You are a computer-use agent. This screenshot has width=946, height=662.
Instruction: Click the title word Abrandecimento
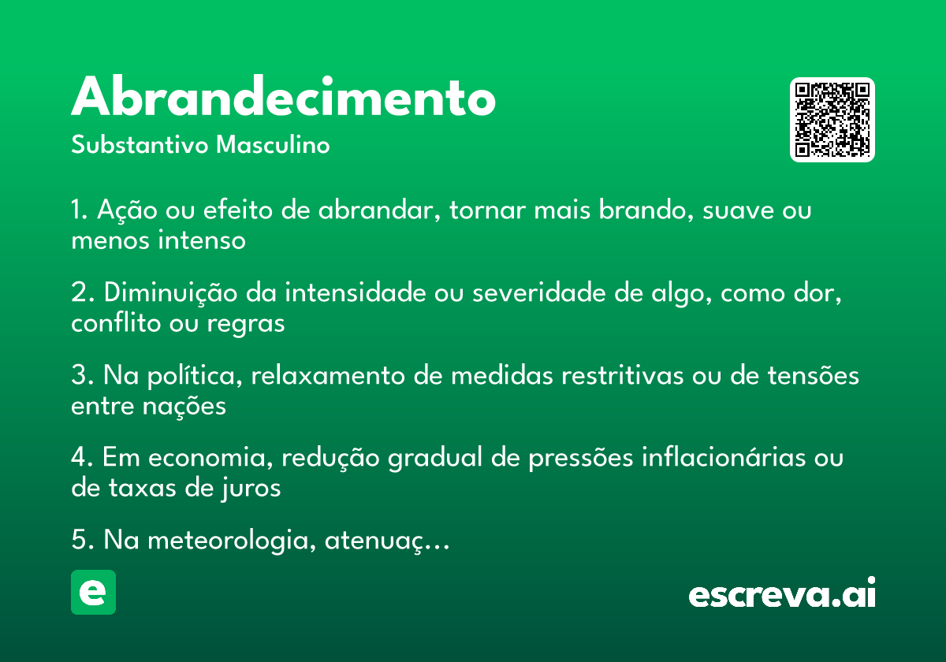click(283, 95)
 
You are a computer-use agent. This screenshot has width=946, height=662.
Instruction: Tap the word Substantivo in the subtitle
click(140, 144)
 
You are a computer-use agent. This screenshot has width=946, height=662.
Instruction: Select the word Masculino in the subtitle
click(273, 144)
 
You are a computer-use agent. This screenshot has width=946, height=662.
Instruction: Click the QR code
click(832, 120)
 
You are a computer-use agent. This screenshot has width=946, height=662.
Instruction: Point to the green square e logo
click(93, 592)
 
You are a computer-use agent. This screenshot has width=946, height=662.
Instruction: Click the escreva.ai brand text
click(782, 593)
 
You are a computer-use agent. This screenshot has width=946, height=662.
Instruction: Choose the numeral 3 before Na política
click(79, 375)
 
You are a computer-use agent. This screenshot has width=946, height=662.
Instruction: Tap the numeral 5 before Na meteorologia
click(79, 540)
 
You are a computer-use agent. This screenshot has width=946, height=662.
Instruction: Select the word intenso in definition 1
click(202, 240)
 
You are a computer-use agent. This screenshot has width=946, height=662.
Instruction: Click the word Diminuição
click(170, 292)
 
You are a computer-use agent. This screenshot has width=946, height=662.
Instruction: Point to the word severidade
click(539, 292)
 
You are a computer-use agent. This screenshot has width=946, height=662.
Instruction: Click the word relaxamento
click(328, 375)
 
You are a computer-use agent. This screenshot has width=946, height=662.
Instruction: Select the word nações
click(184, 407)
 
